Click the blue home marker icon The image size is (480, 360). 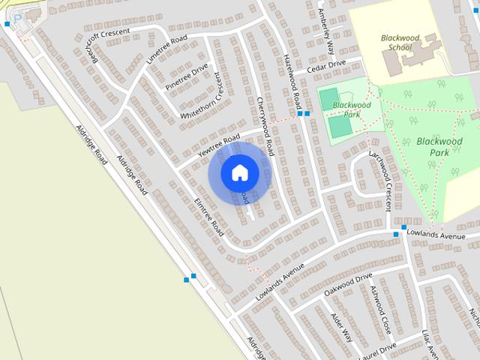pyautogui.click(x=239, y=172)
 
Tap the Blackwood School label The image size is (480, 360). pyautogui.click(x=399, y=42)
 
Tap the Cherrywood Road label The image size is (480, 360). pyautogui.click(x=266, y=126)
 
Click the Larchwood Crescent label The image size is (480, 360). pyautogui.click(x=381, y=178)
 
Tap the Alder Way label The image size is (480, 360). pyautogui.click(x=341, y=325)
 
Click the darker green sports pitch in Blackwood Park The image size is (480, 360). pyautogui.click(x=340, y=127)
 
